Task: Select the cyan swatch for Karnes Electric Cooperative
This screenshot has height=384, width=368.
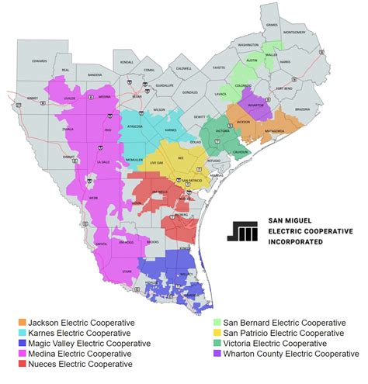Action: [24, 333]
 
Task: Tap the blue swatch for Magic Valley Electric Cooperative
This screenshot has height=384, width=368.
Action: [24, 343]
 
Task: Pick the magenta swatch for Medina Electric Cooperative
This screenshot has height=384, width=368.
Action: [24, 353]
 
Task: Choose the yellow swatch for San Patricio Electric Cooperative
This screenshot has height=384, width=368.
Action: [217, 333]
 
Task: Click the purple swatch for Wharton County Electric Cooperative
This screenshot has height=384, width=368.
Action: [217, 353]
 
